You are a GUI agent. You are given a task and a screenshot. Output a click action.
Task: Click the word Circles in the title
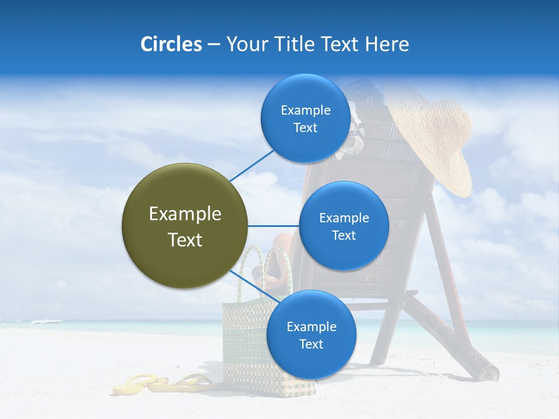pyautogui.click(x=171, y=44)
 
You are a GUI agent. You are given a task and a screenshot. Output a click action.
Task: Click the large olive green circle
pyautogui.click(x=185, y=226)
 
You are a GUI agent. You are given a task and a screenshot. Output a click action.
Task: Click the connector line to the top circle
pyautogui.click(x=252, y=165)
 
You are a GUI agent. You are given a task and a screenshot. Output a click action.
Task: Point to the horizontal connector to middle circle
pyautogui.click(x=273, y=226)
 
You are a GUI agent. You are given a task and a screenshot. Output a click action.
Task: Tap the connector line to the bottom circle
pyautogui.click(x=254, y=286)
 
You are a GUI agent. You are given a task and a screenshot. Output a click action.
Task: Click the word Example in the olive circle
pyautogui.click(x=185, y=214)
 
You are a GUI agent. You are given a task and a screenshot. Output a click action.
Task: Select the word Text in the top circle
pyautogui.click(x=305, y=128)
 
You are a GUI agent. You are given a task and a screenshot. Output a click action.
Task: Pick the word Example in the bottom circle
pyautogui.click(x=311, y=326)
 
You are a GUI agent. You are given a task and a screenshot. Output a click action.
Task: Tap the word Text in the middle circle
pyautogui.click(x=344, y=235)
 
